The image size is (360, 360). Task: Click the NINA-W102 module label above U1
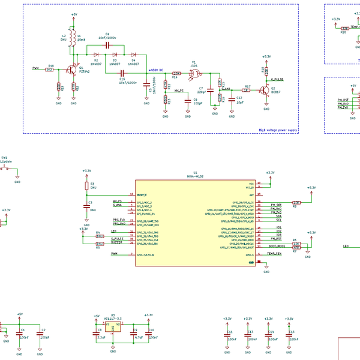pos(195,176)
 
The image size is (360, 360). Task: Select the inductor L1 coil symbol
pos(71,39)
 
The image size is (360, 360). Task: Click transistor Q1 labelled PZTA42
pos(73,70)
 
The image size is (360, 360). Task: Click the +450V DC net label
pos(156,70)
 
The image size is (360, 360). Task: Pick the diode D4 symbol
pos(133,55)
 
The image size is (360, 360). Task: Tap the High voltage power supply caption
pos(277,130)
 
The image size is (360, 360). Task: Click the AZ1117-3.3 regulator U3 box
pos(113,327)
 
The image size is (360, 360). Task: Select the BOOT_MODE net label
pos(275,246)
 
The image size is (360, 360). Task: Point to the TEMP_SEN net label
pos(274,254)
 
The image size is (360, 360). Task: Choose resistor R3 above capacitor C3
pos(86,187)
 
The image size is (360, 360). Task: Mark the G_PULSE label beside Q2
pos(277,79)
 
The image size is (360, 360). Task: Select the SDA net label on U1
pos(279,216)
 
